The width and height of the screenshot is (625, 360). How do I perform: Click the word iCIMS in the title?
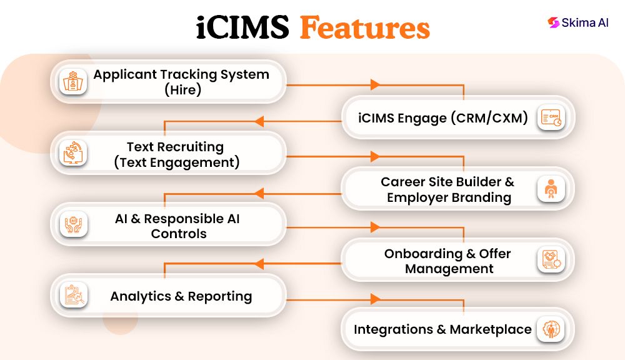(242, 29)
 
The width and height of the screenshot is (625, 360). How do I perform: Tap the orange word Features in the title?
(364, 29)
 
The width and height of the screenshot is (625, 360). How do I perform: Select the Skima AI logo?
(577, 22)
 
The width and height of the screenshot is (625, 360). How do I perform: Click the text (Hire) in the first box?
(182, 89)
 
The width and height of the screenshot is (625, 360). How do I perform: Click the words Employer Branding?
(449, 197)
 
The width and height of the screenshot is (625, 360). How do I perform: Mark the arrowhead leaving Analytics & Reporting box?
(375, 299)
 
